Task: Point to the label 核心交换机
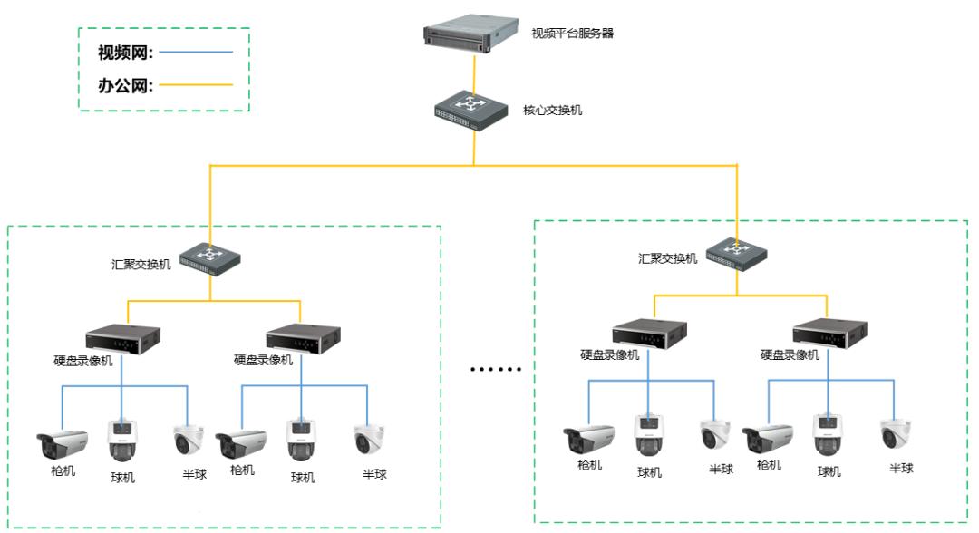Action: (552, 111)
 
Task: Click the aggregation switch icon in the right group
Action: (737, 253)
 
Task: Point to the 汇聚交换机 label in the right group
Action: (667, 258)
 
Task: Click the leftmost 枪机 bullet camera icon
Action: (62, 444)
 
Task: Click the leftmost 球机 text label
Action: (122, 477)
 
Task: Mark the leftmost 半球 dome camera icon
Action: (188, 440)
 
